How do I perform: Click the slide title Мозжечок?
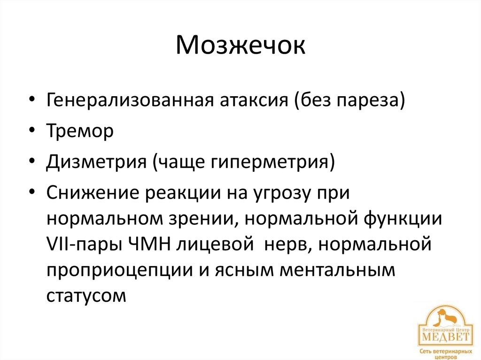(x=240, y=46)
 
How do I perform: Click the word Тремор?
(x=80, y=131)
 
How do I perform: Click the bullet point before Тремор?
(x=31, y=132)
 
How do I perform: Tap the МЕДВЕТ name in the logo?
(x=444, y=337)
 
